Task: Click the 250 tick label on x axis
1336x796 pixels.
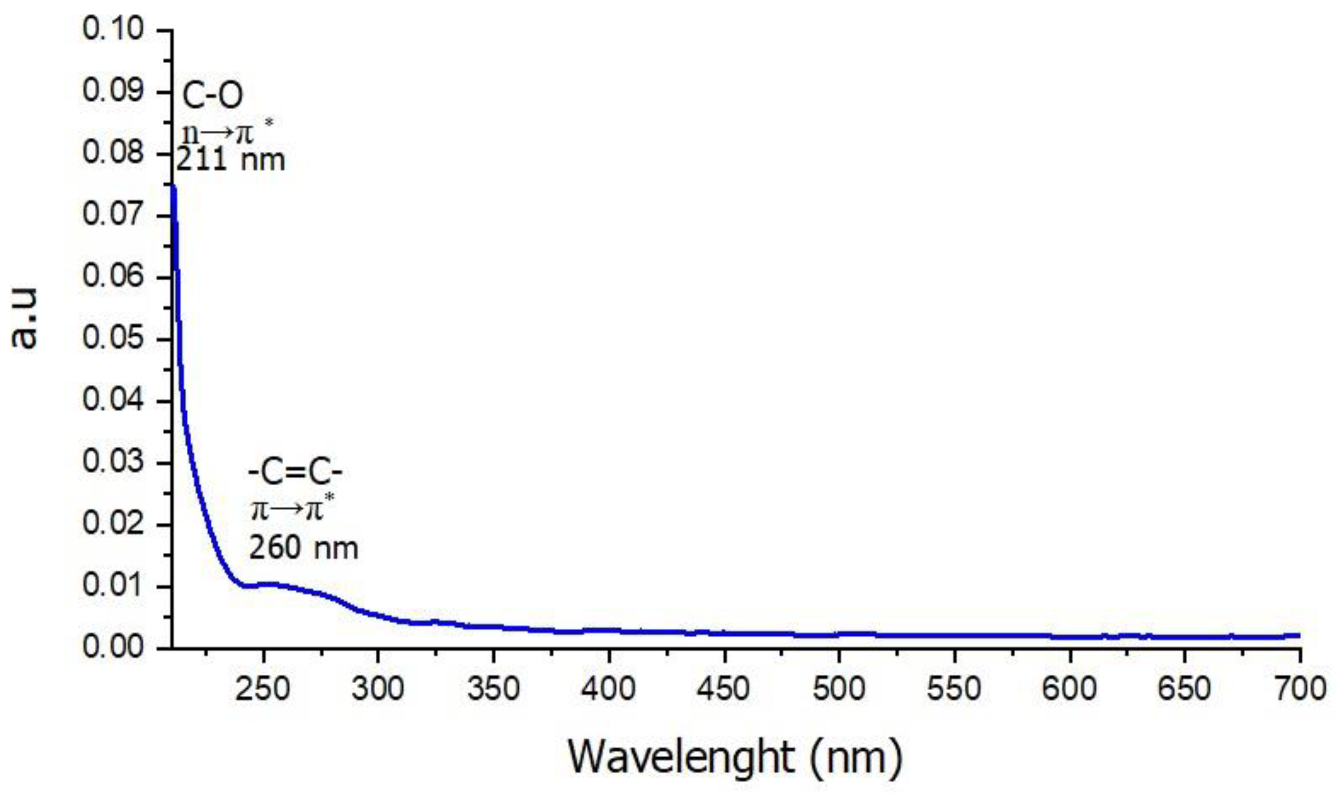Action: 262,689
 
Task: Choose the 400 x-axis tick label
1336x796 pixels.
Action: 609,689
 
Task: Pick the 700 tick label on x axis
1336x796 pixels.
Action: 1299,689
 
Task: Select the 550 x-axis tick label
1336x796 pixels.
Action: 954,689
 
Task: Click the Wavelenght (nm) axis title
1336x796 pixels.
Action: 735,757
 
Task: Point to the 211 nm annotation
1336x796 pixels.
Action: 231,161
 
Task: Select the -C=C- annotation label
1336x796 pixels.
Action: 295,473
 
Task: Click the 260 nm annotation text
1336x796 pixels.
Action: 304,548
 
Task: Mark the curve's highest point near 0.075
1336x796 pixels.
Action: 173,187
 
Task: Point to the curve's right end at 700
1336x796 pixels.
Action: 1298,635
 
